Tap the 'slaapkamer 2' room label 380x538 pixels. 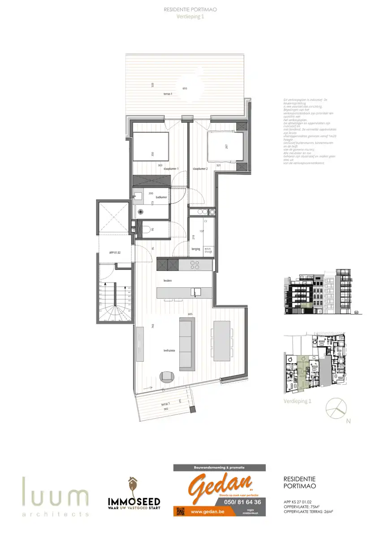(200, 169)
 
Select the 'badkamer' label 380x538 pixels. (161, 197)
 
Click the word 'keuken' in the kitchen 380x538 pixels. (168, 280)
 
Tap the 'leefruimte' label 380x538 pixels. (168, 351)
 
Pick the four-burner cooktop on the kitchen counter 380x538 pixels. (195, 265)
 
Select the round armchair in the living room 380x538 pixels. (167, 377)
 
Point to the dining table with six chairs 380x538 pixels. (222, 341)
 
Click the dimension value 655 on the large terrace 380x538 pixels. (185, 88)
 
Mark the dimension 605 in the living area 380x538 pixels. (190, 314)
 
